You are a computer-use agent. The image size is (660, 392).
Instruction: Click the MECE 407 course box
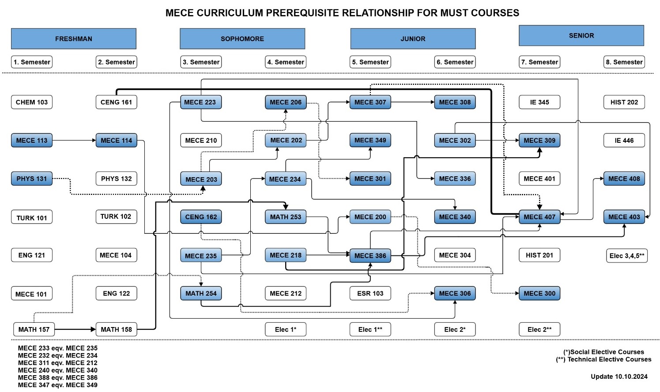click(539, 217)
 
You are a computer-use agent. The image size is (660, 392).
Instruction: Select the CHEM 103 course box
click(31, 102)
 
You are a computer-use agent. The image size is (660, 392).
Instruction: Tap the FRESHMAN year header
click(74, 39)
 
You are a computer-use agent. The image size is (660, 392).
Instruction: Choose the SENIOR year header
click(581, 36)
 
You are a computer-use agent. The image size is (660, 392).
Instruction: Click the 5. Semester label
click(370, 62)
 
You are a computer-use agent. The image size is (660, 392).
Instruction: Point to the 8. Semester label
click(624, 62)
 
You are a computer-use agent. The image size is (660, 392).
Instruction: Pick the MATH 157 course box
click(34, 329)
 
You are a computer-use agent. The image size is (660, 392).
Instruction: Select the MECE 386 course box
click(370, 255)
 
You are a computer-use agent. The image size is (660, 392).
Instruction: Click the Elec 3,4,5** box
click(626, 255)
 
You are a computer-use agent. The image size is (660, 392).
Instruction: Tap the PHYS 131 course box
click(31, 179)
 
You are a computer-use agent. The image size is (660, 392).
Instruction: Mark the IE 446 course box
click(624, 141)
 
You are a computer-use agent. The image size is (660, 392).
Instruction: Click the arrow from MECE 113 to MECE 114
click(74, 141)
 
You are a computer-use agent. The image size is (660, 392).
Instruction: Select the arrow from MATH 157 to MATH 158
click(75, 329)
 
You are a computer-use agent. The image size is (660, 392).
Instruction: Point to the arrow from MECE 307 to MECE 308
click(412, 102)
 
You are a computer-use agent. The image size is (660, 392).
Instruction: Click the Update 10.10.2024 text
click(619, 377)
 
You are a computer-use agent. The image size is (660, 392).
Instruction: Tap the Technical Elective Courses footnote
click(603, 360)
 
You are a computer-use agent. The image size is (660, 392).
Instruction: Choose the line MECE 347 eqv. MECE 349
click(57, 385)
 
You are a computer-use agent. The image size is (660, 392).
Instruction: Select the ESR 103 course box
click(370, 293)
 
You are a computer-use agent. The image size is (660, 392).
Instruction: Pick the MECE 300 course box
click(539, 293)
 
